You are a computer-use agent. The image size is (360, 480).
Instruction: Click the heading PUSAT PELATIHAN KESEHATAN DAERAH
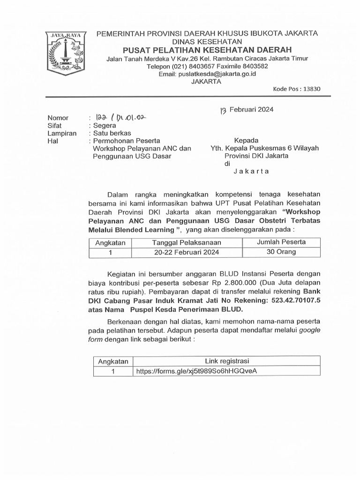(207, 50)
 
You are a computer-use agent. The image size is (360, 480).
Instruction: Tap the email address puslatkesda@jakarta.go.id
(208, 74)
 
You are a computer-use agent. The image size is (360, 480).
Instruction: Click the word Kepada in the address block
(246, 140)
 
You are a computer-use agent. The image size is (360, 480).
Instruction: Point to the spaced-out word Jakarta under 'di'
(251, 172)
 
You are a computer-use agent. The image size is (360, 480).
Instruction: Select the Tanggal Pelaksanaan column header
(187, 242)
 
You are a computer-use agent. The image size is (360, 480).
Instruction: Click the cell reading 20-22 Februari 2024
(187, 252)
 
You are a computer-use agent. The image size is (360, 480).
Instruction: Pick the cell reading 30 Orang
(281, 252)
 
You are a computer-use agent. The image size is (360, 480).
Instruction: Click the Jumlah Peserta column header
(281, 242)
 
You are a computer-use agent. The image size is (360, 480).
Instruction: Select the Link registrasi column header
(227, 361)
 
